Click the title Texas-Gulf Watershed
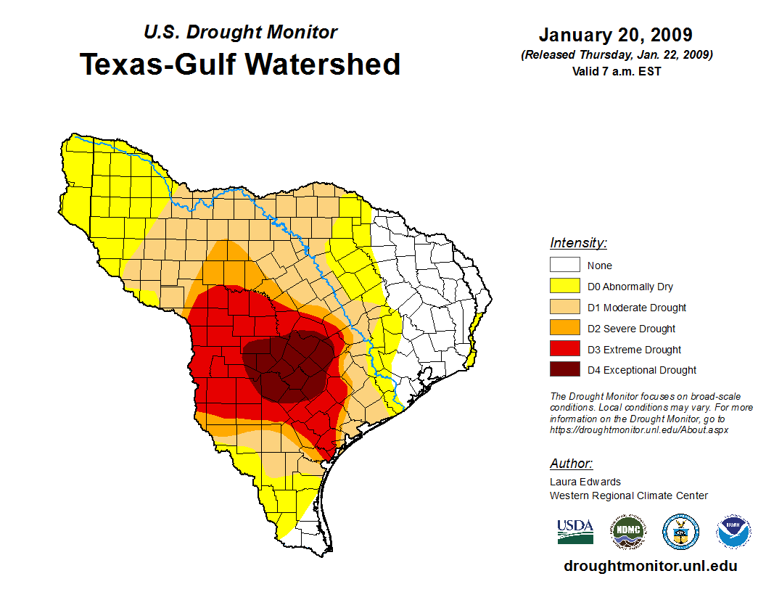click(239, 65)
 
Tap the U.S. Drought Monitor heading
click(240, 33)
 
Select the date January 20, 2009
click(615, 35)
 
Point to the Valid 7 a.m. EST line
click(615, 71)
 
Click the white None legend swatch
click(564, 266)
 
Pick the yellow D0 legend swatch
click(564, 287)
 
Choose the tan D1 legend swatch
click(564, 308)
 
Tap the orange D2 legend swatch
click(564, 329)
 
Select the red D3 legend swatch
click(564, 350)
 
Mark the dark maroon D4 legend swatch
click(564, 370)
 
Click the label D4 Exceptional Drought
click(642, 370)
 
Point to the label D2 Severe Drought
click(631, 329)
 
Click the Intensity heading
click(578, 243)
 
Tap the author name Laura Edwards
click(585, 482)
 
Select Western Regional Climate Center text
click(628, 496)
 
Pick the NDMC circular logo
click(627, 532)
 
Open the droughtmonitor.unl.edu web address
click(650, 566)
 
